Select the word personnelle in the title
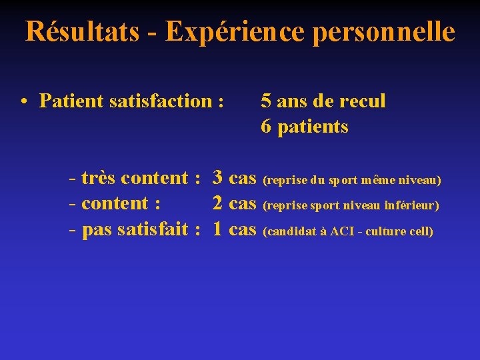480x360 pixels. (386, 31)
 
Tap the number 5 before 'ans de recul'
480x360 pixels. (266, 101)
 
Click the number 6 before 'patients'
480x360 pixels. (266, 127)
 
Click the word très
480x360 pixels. (99, 178)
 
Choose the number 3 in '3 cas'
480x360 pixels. (217, 178)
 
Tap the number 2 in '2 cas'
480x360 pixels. (217, 203)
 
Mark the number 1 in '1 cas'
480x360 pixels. (217, 229)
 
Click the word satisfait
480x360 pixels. (153, 229)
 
